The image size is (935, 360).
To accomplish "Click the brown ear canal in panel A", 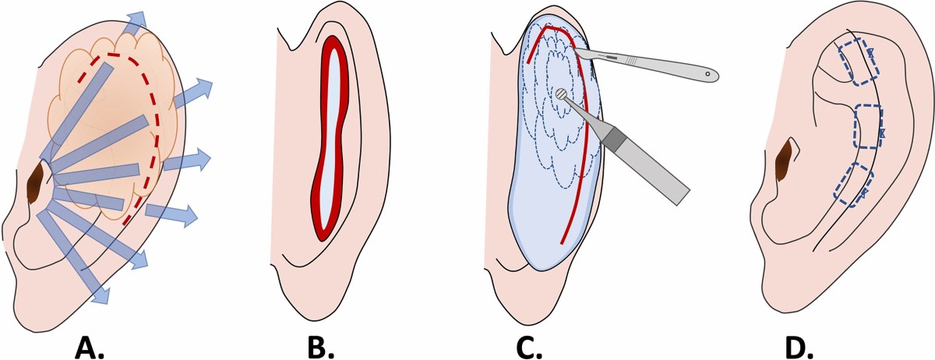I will [x=35, y=185].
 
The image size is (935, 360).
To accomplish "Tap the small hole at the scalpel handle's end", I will [x=708, y=75].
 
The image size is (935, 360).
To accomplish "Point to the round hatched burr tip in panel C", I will [x=560, y=94].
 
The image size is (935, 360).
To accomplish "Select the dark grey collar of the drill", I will [x=612, y=139].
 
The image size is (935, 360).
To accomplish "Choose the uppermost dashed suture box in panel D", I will [x=858, y=62].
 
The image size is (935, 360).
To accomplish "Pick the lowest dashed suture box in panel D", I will [x=851, y=185].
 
